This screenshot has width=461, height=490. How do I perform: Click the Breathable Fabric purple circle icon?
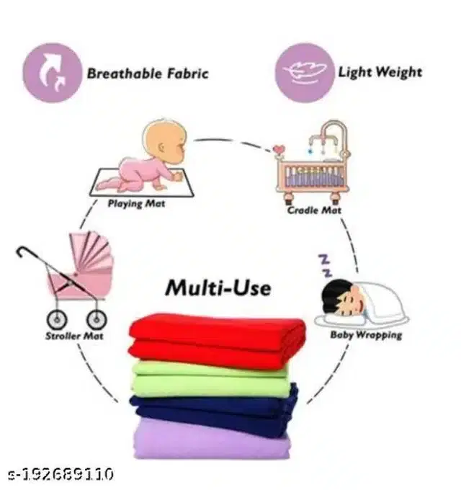coord(52,73)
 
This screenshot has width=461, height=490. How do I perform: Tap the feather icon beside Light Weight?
coord(305,73)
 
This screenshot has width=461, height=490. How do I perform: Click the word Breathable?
coord(125,73)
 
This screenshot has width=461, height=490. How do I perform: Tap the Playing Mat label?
coord(136,204)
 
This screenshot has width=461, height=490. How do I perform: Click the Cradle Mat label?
coord(314,210)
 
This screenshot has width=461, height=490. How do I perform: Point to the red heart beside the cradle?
coord(278,148)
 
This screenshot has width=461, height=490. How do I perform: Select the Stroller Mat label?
coord(74,337)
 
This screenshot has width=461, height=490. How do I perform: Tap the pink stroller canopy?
coord(91,250)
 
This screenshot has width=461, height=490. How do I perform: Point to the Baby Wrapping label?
coord(366,335)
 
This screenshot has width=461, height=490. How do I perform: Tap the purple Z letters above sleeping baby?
coord(325,266)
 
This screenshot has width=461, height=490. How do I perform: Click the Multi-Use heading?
coord(218,288)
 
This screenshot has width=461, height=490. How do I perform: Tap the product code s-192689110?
coord(61,474)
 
